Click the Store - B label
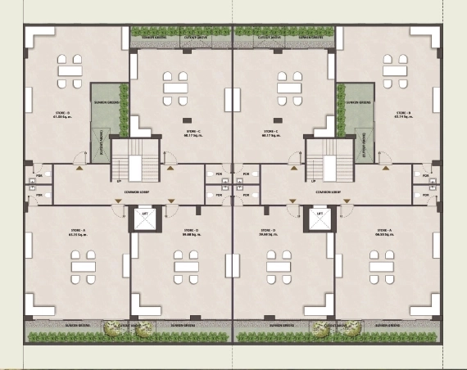tap(402, 114)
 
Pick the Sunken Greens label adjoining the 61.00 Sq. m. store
tap(109, 102)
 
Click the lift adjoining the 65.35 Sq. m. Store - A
tap(145, 221)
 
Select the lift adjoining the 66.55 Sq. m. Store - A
tap(320, 221)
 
